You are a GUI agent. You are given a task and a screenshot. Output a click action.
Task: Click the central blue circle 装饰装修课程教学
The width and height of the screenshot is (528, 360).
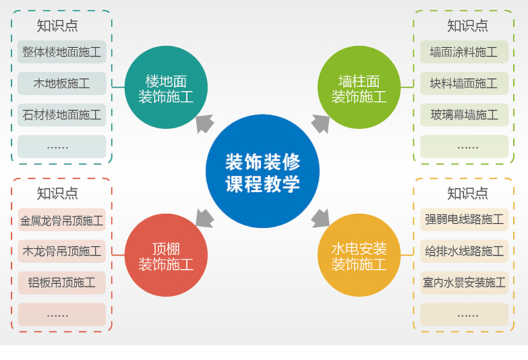[262, 171]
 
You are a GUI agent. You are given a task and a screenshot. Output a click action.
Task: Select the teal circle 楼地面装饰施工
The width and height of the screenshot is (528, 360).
[166, 87]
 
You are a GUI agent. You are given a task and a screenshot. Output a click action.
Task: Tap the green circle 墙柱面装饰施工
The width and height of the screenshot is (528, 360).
[359, 87]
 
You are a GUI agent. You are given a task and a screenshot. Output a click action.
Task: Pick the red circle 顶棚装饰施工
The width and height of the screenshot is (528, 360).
[166, 255]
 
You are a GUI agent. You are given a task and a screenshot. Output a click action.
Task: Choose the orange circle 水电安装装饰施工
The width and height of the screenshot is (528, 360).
[359, 255]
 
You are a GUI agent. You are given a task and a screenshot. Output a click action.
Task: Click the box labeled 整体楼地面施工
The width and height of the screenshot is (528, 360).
[61, 52]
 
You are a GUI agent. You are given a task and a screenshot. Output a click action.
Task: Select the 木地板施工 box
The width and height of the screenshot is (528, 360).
[61, 84]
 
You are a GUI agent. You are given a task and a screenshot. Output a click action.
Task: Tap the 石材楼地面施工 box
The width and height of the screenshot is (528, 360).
[61, 115]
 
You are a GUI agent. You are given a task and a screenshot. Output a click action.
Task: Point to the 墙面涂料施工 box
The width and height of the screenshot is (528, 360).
[464, 52]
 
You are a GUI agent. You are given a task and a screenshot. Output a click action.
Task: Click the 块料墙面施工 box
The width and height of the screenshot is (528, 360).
[464, 84]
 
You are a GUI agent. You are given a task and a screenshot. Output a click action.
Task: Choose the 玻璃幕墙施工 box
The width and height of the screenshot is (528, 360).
[464, 115]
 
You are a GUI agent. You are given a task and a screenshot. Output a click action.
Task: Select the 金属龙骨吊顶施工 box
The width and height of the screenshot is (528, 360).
[61, 220]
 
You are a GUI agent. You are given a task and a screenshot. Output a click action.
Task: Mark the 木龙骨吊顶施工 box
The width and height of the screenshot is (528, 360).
[61, 251]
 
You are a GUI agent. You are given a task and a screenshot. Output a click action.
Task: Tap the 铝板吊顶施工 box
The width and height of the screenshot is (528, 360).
[61, 282]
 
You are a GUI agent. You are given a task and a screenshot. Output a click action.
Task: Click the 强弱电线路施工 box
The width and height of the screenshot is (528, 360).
[464, 220]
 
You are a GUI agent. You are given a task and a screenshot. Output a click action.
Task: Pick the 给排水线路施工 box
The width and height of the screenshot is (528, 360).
[464, 251]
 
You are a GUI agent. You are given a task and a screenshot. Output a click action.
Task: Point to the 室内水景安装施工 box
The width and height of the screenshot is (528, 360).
[464, 282]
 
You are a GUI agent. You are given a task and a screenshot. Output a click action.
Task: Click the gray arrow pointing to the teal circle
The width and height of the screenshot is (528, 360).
[204, 123]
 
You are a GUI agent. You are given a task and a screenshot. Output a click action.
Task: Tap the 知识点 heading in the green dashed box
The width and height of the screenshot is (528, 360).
[467, 26]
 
